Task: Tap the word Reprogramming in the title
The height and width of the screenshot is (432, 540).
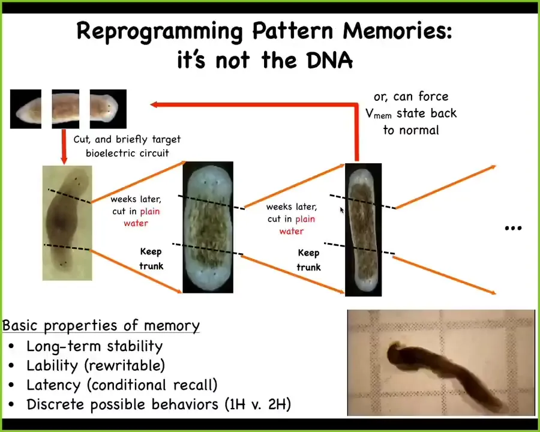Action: click(160, 32)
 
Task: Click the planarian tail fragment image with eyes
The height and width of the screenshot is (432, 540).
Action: click(108, 109)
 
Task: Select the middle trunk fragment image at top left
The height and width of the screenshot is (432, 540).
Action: click(65, 109)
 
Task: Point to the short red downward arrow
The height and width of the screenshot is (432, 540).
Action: click(64, 146)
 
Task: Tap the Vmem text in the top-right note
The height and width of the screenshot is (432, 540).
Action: click(379, 113)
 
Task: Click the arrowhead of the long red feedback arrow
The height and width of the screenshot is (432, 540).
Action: click(154, 104)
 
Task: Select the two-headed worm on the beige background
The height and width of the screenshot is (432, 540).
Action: click(67, 223)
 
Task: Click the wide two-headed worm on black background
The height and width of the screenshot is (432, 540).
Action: click(208, 227)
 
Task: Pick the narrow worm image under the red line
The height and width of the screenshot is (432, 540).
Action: click(364, 230)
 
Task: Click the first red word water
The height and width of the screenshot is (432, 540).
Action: click(136, 223)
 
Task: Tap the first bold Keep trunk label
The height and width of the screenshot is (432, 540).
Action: click(151, 259)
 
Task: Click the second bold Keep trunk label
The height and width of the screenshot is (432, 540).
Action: click(308, 260)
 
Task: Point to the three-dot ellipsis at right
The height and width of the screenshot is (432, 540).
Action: click(513, 228)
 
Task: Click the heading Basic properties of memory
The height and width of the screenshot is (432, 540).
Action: click(101, 326)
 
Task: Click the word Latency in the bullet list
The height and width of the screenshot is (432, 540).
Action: click(53, 385)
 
